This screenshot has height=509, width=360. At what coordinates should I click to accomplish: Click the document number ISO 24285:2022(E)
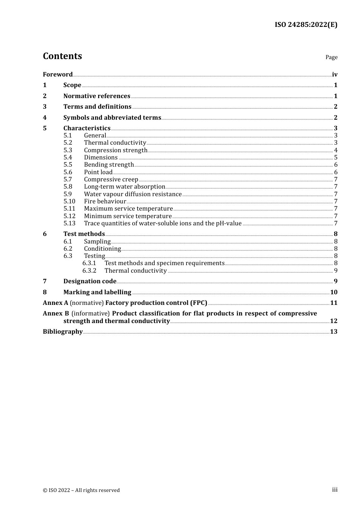pos(306,25)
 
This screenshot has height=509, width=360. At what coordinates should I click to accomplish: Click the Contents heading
pos(62,56)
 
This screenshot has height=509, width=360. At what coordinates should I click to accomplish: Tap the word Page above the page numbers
pos(331,57)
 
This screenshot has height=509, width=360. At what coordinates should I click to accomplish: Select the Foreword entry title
pos(58,74)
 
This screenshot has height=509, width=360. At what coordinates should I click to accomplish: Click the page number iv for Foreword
pos(335,75)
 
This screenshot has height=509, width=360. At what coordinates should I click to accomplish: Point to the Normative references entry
pos(97,96)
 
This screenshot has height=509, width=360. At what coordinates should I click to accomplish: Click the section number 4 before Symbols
pos(45,118)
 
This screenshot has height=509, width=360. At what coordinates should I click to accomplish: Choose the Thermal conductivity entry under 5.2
pos(115,143)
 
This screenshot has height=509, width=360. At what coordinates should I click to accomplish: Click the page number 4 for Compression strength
pos(336,150)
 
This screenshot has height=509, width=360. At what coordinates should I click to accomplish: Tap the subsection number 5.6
pos(68,172)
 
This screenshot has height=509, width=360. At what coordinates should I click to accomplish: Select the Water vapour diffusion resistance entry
pos(133,194)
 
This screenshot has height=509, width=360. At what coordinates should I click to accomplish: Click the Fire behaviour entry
pos(105,201)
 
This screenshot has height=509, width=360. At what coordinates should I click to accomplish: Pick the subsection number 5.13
pos(69,223)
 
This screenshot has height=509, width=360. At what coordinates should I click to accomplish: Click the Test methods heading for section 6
pos(84,234)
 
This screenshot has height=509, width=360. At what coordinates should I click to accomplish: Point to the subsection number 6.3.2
pos(89,271)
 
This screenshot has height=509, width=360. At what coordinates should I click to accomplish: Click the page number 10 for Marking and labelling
pos(334,292)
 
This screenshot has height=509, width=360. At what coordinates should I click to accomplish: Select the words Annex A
pos(55,303)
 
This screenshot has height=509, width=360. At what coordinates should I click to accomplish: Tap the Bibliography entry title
pos(63,332)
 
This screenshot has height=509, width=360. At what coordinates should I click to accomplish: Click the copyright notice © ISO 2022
pos(81,490)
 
